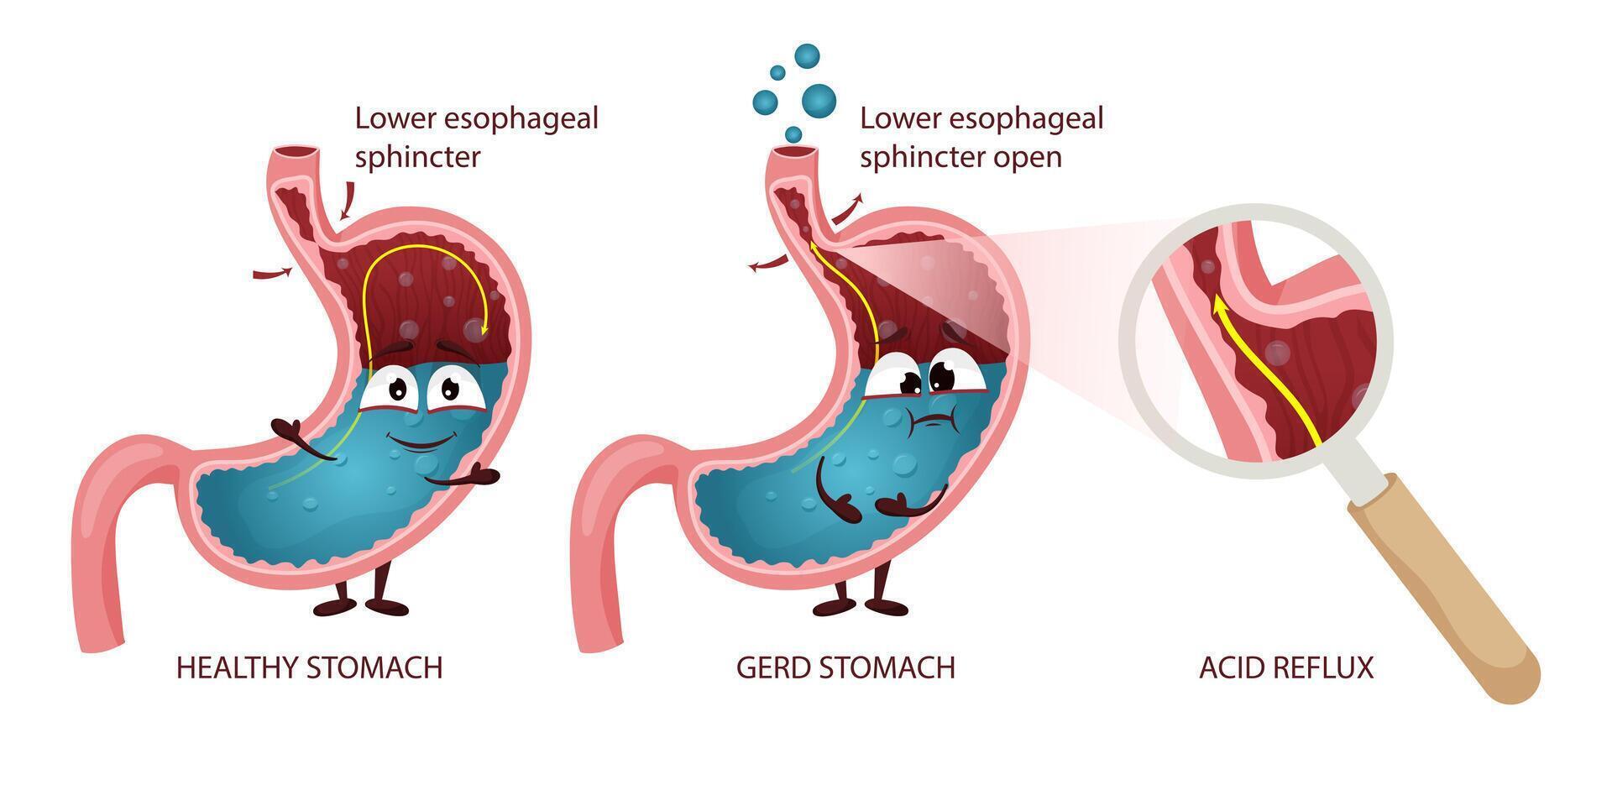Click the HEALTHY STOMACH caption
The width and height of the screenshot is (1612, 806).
[309, 667]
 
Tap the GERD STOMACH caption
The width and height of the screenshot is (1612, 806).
[845, 667]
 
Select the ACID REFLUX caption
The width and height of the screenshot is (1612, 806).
[1286, 667]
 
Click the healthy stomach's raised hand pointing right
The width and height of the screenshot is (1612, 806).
[463, 478]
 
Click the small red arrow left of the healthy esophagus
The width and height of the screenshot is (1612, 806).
[273, 272]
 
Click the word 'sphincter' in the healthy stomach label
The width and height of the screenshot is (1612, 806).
[417, 158]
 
